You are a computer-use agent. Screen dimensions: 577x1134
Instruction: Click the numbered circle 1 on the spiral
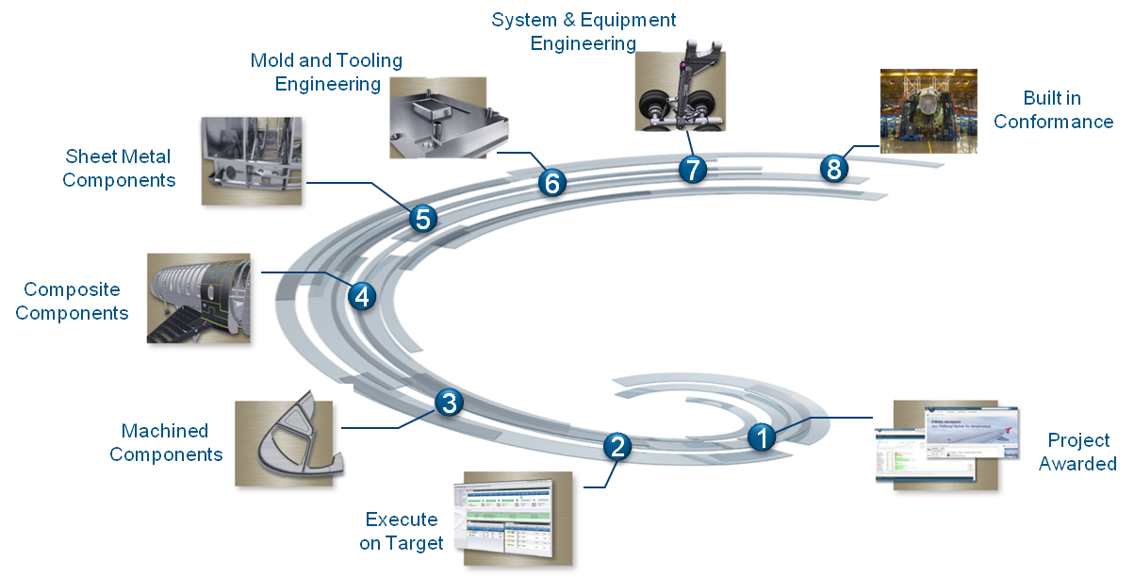762,437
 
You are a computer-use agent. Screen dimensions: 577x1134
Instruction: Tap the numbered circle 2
617,446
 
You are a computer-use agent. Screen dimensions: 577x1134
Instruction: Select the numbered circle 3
450,404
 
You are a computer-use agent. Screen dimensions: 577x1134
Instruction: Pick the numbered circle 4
361,297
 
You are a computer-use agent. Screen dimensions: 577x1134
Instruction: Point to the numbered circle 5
423,220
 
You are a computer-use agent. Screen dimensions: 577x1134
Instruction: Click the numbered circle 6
552,183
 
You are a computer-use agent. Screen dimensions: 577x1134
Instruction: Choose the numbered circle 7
692,171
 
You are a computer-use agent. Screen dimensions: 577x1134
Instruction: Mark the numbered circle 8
833,169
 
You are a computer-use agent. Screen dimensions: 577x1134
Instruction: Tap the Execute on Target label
402,531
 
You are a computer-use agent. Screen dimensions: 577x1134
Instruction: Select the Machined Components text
166,442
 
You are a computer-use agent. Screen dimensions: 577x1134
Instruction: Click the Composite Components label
72,302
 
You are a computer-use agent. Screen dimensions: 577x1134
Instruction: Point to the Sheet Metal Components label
120,167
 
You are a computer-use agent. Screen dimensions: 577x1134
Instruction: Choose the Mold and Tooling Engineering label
326,73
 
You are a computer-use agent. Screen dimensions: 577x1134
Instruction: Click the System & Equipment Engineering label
583,31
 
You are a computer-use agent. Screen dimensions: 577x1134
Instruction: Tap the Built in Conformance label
1053,109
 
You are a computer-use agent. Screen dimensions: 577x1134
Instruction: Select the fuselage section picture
200,299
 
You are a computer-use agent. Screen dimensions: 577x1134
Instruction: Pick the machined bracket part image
289,440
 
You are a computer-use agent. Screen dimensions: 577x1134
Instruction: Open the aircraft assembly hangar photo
928,110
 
